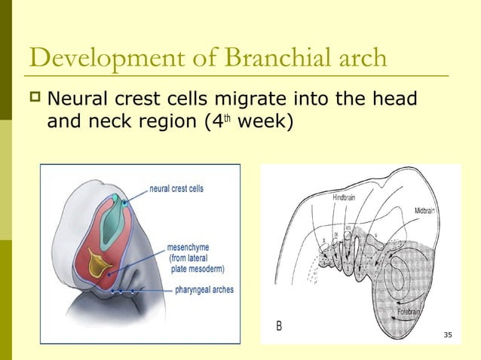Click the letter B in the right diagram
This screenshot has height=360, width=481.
click(x=279, y=326)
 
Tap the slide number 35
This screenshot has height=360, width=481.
click(x=448, y=334)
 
